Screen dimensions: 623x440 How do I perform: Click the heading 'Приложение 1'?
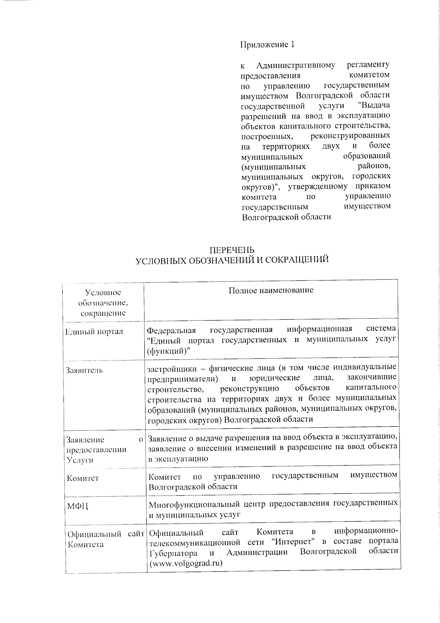click(267, 45)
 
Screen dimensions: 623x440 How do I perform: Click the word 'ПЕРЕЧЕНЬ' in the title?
click(232, 251)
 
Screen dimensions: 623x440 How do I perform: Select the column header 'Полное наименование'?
click(271, 290)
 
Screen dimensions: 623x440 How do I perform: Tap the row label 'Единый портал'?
click(94, 332)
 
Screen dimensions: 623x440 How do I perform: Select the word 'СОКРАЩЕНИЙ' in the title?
click(296, 260)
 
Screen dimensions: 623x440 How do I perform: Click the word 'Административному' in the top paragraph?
click(296, 65)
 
